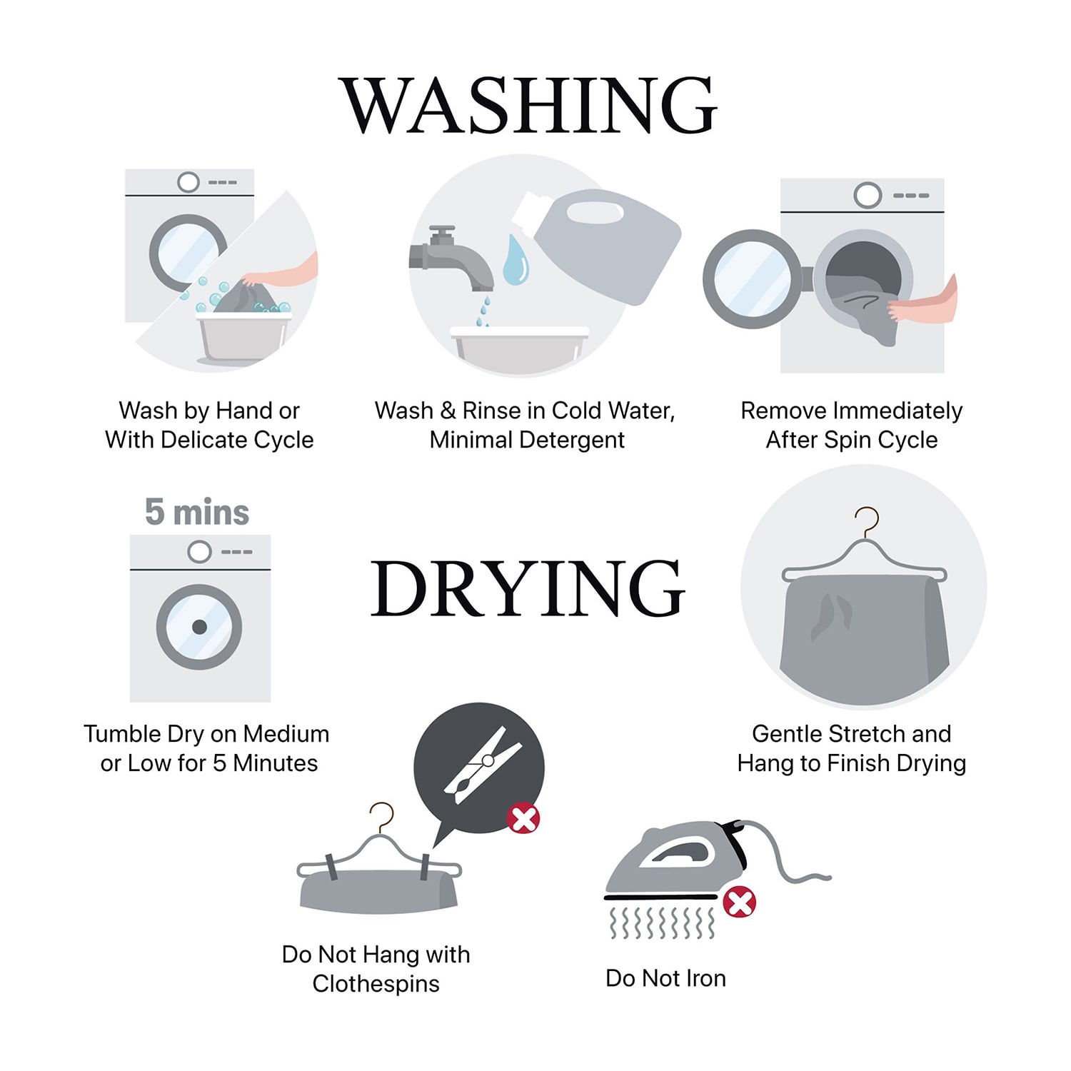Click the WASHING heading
[x=528, y=105]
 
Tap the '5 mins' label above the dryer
[x=197, y=512]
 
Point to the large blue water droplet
[x=516, y=259]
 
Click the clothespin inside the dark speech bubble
[x=483, y=765]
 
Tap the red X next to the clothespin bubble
[x=523, y=818]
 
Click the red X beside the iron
[x=740, y=902]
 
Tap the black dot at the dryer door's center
[x=199, y=628]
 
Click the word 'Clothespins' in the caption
[x=376, y=984]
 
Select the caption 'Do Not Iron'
[x=665, y=978]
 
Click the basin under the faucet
[x=521, y=350]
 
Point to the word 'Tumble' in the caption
[x=122, y=734]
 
